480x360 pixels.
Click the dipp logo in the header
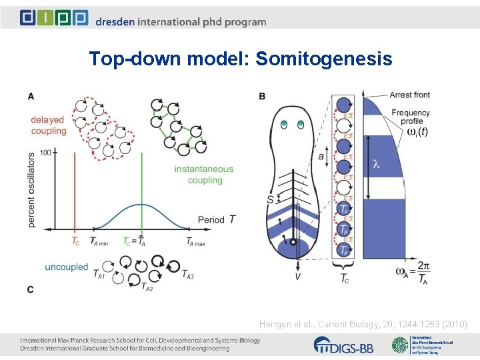54,17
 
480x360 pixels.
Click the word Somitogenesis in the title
324,59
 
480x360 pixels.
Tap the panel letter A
31,97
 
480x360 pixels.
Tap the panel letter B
262,97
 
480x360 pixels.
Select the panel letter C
31,289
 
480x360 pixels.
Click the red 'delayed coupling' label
48,125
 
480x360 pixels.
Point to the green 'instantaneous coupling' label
204,175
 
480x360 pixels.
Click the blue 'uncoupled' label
66,267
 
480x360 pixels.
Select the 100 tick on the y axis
45,153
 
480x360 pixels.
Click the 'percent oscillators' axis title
32,190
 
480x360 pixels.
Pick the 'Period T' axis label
217,219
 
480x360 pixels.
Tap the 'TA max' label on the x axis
195,242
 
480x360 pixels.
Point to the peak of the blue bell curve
141,204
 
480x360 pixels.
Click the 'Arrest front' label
409,95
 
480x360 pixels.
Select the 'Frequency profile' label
410,117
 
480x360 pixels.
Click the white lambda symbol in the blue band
376,164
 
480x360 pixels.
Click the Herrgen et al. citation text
363,324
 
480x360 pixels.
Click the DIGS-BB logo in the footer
344,345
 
